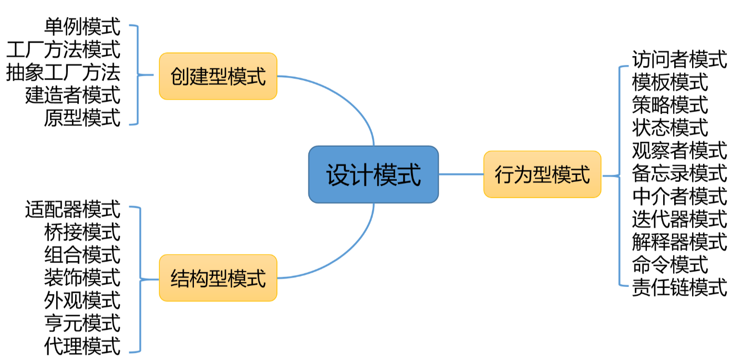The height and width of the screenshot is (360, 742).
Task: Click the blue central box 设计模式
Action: click(373, 174)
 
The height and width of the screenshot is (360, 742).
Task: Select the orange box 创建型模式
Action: click(218, 76)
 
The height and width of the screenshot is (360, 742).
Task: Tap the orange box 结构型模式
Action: click(218, 278)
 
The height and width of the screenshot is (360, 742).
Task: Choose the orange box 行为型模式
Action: click(542, 174)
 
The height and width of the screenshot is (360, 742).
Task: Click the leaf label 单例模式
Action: click(82, 27)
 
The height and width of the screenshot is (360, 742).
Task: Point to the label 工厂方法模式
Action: click(63, 50)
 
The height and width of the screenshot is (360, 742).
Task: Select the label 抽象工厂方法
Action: click(63, 73)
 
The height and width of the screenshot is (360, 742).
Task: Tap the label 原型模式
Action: click(82, 118)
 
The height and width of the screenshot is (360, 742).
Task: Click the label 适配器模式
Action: click(73, 209)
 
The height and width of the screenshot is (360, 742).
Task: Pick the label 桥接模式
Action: click(82, 232)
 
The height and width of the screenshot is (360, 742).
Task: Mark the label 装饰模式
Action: click(82, 277)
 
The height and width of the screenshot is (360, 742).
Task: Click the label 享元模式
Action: click(82, 323)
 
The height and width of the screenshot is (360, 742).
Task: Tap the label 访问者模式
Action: click(679, 59)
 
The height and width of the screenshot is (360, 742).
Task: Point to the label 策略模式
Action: click(670, 105)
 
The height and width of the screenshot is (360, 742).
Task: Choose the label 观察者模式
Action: click(679, 150)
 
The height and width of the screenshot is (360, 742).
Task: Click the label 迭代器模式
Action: click(679, 219)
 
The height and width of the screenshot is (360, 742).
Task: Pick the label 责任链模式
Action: click(679, 287)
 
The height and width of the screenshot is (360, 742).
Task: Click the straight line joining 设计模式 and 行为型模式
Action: click(461, 174)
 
